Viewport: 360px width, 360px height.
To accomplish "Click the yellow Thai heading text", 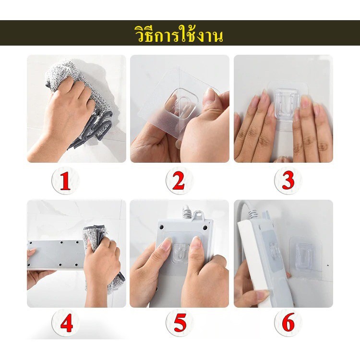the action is click(179, 35).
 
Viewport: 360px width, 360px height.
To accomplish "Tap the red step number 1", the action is click(65, 181).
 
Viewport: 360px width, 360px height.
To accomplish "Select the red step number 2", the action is click(179, 181).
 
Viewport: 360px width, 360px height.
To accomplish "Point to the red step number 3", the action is click(288, 181).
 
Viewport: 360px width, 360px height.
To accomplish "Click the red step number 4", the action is click(67, 323).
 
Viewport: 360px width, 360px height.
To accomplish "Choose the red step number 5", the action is click(180, 323).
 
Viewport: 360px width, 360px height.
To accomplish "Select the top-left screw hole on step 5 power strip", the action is click(162, 228).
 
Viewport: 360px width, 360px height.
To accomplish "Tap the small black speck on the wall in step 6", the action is click(328, 265).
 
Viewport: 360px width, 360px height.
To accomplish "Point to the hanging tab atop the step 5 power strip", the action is click(198, 216).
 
